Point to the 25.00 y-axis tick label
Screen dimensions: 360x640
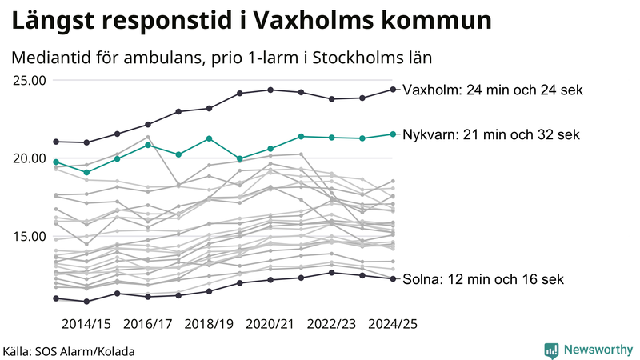click(30, 80)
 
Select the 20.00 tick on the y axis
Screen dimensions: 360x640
click(30, 158)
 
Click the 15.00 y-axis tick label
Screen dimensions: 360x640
click(30, 236)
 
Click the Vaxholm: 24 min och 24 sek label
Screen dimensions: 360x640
click(492, 90)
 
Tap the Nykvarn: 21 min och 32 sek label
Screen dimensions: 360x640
click(490, 134)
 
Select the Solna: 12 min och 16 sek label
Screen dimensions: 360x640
click(484, 279)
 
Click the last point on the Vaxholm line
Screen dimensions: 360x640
click(393, 89)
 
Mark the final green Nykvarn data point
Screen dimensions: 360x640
click(393, 134)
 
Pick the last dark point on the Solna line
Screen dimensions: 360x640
click(393, 278)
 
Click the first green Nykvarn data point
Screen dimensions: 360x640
click(56, 162)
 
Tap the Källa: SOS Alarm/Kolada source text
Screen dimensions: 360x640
click(69, 350)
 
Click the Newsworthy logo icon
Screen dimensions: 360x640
click(551, 350)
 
